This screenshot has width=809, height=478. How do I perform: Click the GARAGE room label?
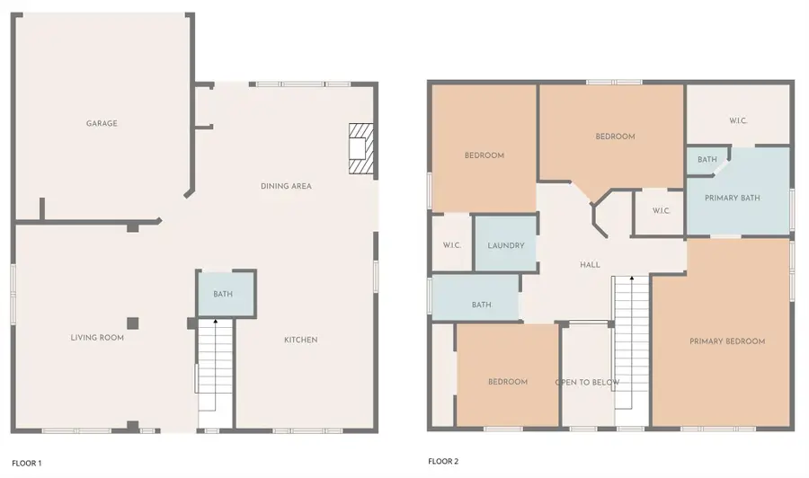tap(102, 123)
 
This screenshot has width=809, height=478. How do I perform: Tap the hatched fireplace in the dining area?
tap(361, 148)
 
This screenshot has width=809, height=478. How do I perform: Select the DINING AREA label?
tap(286, 186)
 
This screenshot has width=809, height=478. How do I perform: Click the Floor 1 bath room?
tap(226, 294)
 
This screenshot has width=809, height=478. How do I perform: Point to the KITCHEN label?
tap(301, 340)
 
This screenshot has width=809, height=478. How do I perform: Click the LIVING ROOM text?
tap(97, 338)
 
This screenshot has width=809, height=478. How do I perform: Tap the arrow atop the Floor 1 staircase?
tap(215, 322)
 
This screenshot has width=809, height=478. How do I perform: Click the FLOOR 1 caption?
tap(27, 463)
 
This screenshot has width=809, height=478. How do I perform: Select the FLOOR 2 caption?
tap(443, 461)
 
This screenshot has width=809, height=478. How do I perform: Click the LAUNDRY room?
tap(505, 243)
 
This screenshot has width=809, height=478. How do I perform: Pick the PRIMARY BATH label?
tap(732, 198)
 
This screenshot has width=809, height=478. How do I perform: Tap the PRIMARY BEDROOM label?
tap(727, 341)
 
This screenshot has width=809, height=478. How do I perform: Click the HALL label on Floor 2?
tap(590, 264)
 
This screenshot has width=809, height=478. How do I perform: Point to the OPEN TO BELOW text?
tap(587, 382)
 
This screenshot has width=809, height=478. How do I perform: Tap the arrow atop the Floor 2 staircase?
tap(632, 279)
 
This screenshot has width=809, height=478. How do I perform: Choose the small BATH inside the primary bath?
tap(707, 159)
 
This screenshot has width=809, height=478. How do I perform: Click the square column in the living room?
tap(133, 323)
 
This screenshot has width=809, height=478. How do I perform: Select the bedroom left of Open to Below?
tap(508, 375)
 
